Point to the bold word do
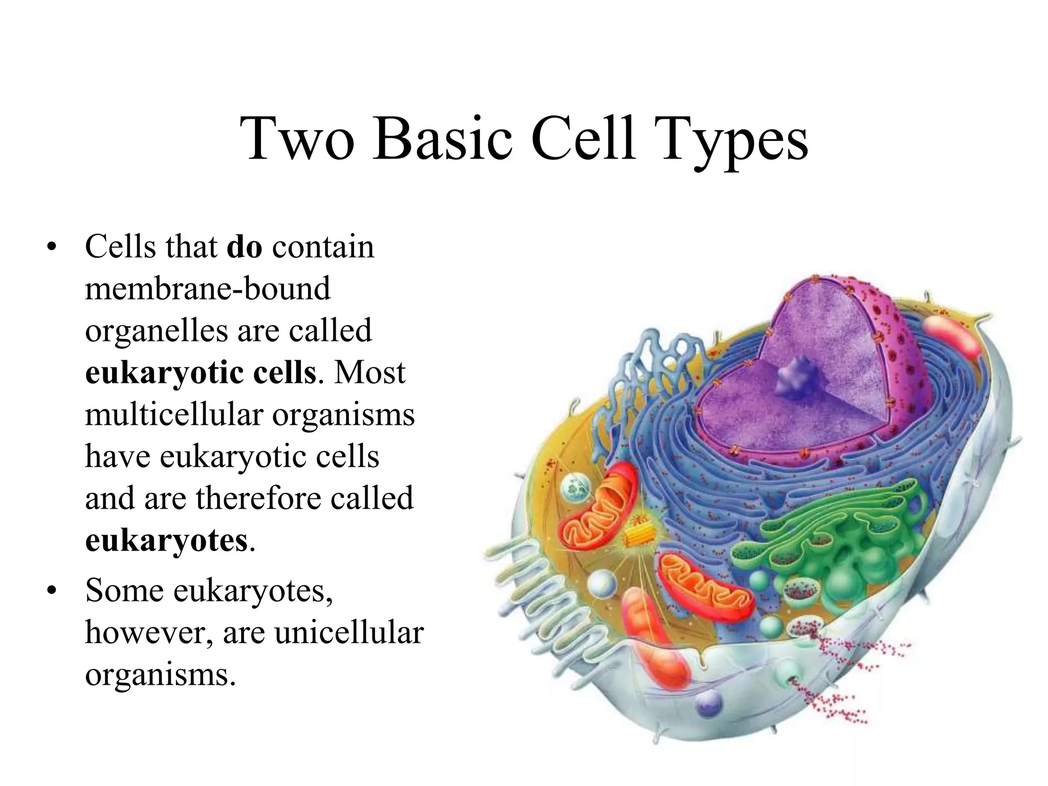click(x=244, y=247)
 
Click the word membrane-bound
click(x=208, y=289)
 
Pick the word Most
click(x=369, y=373)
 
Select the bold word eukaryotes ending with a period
click(x=166, y=540)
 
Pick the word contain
click(x=323, y=247)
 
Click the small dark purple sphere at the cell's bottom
click(x=709, y=705)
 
